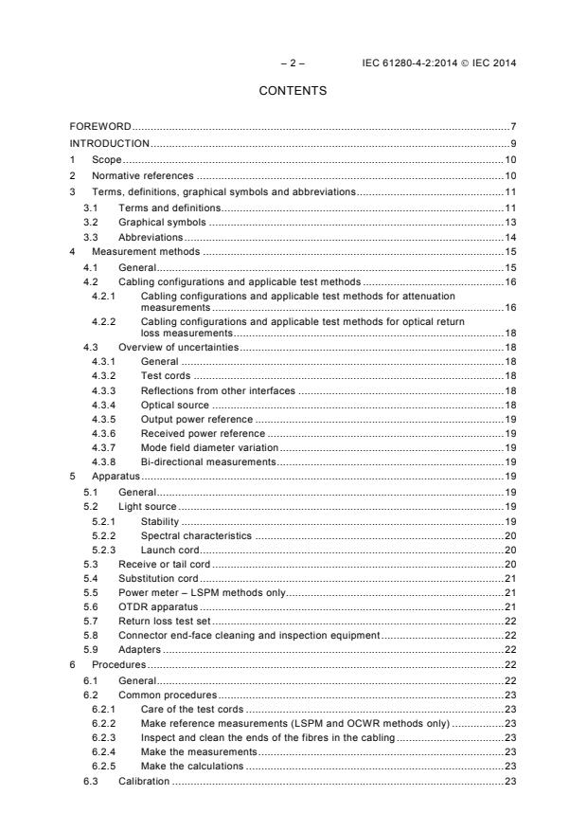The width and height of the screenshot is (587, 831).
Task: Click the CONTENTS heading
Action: (293, 91)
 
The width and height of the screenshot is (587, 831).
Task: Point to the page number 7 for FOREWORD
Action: (512, 126)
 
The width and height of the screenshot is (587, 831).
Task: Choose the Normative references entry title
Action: (142, 175)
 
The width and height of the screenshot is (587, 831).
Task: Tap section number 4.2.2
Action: (103, 321)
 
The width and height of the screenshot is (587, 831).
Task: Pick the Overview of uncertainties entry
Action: (178, 348)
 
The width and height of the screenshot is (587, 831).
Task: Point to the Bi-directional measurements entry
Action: (207, 461)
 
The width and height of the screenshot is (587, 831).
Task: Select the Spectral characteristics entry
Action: (196, 535)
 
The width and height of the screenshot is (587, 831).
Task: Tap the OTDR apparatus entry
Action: (155, 606)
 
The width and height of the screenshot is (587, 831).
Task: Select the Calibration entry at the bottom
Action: (144, 781)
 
